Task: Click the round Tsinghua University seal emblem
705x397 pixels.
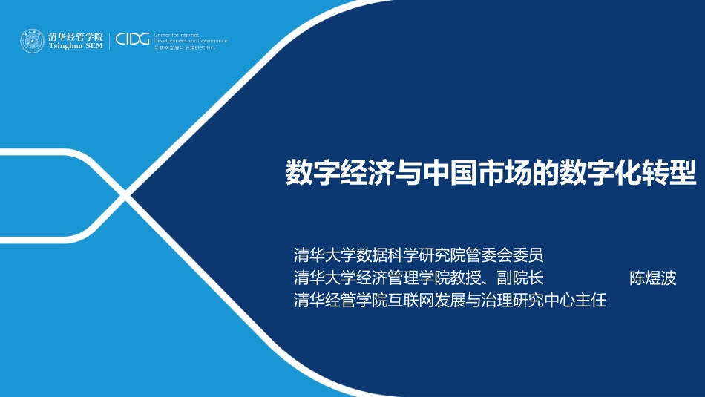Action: [32, 41]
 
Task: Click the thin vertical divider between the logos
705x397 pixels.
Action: [110, 41]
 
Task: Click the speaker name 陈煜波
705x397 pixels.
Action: [653, 278]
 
